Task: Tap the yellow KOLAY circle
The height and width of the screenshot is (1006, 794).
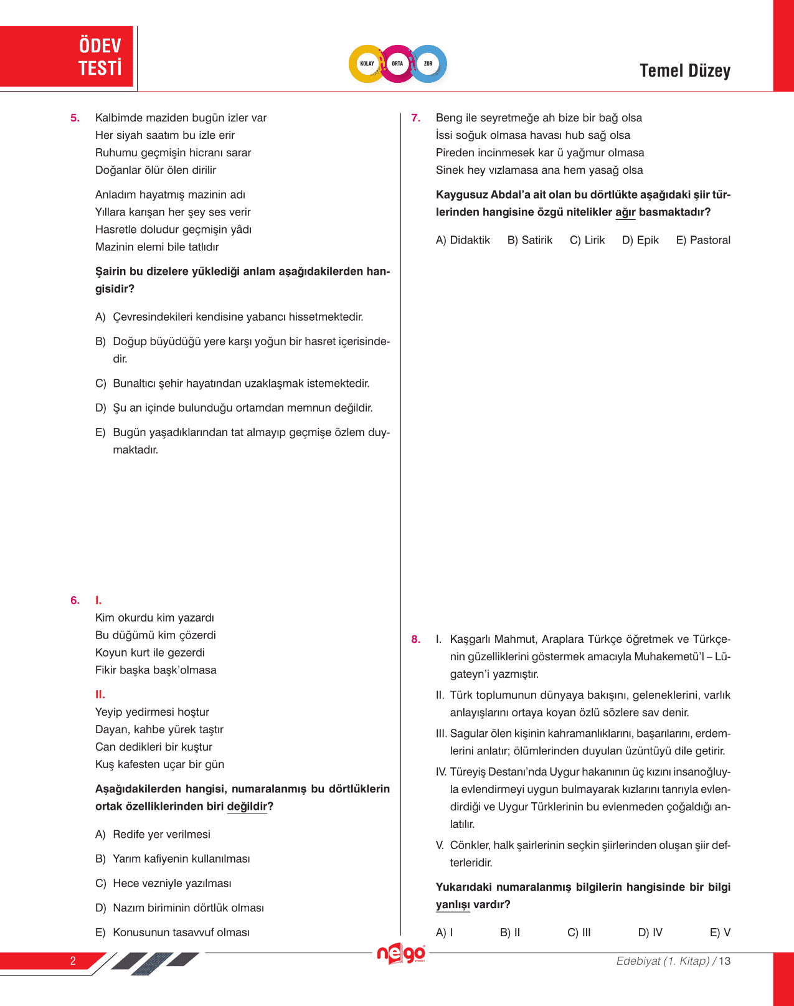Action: [367, 64]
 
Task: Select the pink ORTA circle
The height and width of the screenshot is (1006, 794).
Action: [397, 64]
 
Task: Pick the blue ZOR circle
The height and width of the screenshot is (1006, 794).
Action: [428, 64]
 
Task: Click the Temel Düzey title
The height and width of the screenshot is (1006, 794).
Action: [684, 71]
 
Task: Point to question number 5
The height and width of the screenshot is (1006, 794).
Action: [75, 118]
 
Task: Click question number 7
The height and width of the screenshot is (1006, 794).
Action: [416, 118]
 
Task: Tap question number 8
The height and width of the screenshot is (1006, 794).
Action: [416, 639]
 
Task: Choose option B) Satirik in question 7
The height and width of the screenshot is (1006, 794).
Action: [529, 240]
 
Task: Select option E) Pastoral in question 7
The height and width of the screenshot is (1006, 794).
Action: [703, 240]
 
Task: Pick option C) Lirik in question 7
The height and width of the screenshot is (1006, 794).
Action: [587, 240]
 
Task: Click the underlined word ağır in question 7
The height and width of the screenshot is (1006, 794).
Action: [625, 212]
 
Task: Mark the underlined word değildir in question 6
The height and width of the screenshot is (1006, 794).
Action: [247, 807]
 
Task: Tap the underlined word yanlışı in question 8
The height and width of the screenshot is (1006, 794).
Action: [453, 904]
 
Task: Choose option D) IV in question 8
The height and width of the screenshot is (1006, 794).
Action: [650, 932]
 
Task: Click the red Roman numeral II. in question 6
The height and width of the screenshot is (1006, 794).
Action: [100, 695]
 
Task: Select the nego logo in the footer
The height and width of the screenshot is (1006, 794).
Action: [401, 954]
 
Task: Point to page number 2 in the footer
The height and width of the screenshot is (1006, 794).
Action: [73, 961]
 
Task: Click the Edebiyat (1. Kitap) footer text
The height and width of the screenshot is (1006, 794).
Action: [663, 961]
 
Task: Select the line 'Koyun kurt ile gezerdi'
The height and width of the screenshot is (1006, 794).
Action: [150, 653]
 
